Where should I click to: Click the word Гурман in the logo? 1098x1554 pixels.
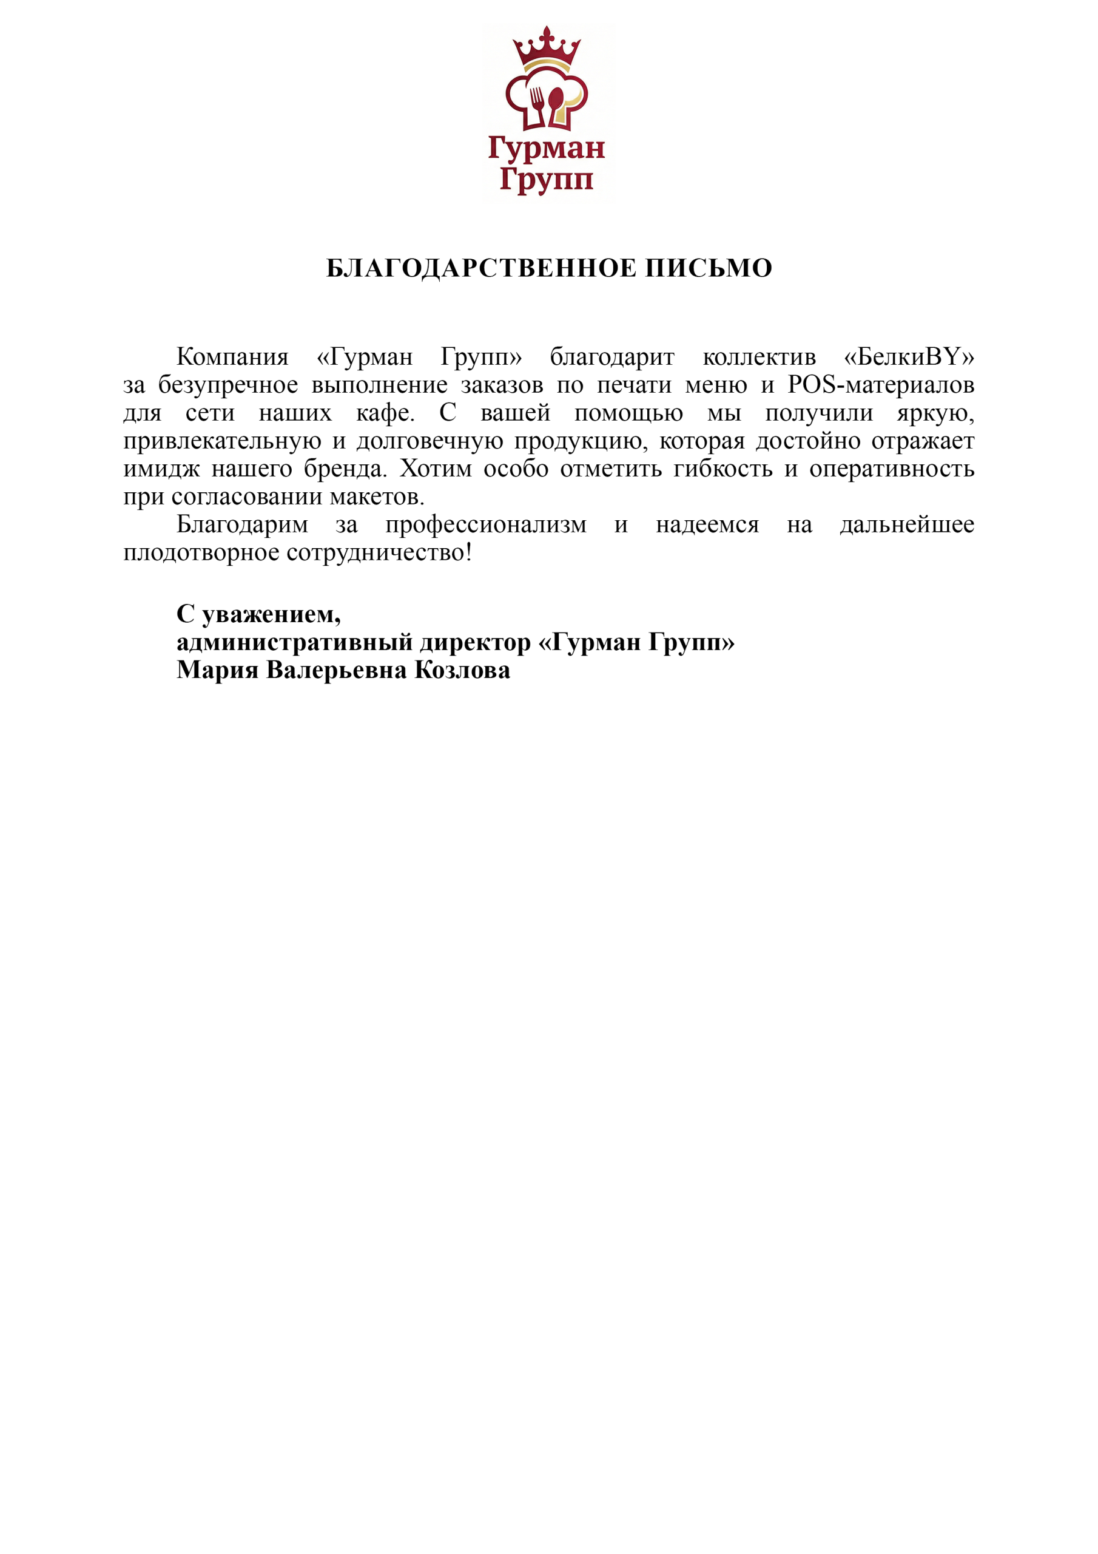pyautogui.click(x=546, y=148)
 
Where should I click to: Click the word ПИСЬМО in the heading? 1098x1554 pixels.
pyautogui.click(x=709, y=269)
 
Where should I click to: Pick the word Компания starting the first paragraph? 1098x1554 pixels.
pyautogui.click(x=232, y=357)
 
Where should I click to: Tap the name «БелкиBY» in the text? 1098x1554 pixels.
pyautogui.click(x=909, y=357)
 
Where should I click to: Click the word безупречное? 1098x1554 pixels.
pyautogui.click(x=228, y=385)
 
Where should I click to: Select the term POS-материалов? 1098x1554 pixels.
pyautogui.click(x=881, y=385)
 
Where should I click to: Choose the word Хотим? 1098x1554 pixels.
pyautogui.click(x=435, y=469)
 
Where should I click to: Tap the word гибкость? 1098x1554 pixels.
pyautogui.click(x=722, y=469)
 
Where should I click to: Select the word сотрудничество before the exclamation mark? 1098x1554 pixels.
pyautogui.click(x=376, y=553)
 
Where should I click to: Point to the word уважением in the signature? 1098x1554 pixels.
pyautogui.click(x=271, y=614)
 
